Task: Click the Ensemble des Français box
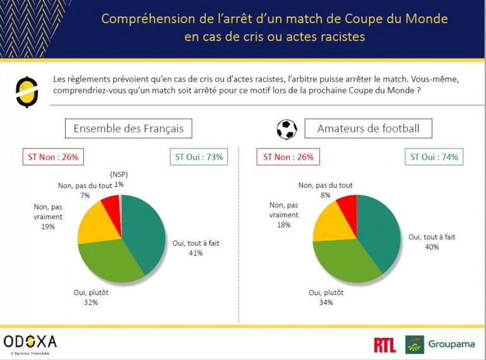pyautogui.click(x=129, y=129)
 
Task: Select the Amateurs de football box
pyautogui.click(x=369, y=129)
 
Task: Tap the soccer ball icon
pyautogui.click(x=287, y=129)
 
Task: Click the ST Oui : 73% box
pyautogui.click(x=198, y=157)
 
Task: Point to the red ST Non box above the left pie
pyautogui.click(x=54, y=157)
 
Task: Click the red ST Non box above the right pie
pyautogui.click(x=288, y=157)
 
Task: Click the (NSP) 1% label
pyautogui.click(x=119, y=179)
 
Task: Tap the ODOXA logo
pyautogui.click(x=30, y=343)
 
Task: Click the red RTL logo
pyautogui.click(x=384, y=344)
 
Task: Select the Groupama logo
pyautogui.click(x=440, y=344)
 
